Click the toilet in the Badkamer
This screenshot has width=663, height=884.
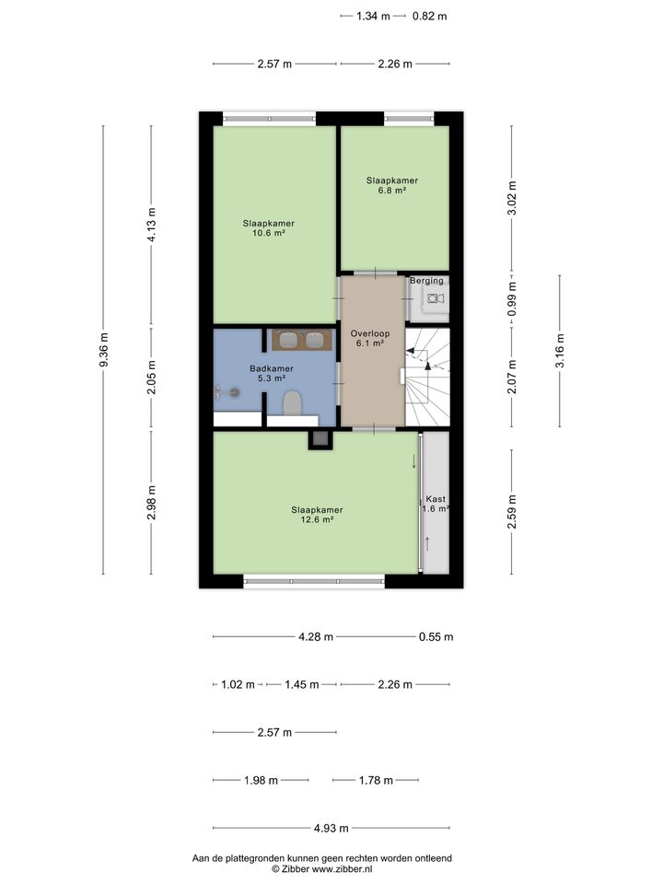[x=293, y=403]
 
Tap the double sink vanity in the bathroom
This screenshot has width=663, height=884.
[x=301, y=340]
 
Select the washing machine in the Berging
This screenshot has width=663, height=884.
[x=433, y=297]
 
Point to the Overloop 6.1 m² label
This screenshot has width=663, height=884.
[x=370, y=338]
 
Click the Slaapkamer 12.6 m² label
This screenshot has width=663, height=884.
[x=317, y=514]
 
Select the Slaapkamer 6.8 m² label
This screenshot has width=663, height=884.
[x=392, y=186]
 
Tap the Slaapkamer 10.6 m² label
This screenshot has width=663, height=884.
[x=269, y=227]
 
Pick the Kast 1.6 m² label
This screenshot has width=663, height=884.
[x=435, y=504]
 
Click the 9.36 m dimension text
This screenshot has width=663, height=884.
[x=104, y=350]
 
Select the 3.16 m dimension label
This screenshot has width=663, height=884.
[x=560, y=350]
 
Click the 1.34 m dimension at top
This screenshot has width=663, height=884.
[x=373, y=16]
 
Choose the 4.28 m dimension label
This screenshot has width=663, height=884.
[x=315, y=636]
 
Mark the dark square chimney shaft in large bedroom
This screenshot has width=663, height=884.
[x=320, y=439]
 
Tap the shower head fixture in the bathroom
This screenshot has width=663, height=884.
[x=233, y=392]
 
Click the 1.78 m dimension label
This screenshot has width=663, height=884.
[x=375, y=781]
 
